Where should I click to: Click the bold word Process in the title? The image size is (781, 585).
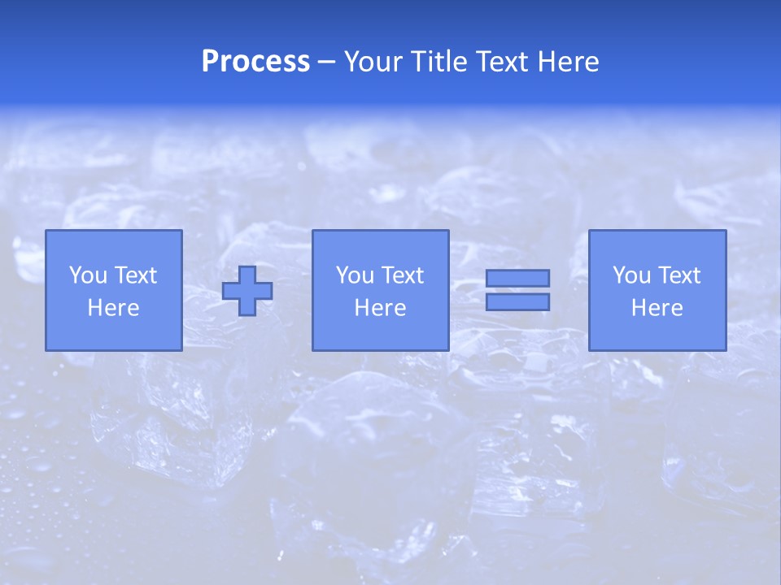point(255,62)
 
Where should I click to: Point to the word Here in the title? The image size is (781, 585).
point(568,62)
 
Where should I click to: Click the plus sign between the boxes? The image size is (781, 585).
point(247,290)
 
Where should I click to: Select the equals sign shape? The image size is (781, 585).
point(517,290)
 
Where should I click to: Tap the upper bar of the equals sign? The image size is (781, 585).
point(517,278)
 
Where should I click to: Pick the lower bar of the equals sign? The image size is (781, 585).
point(517,301)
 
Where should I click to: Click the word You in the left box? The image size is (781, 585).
point(88,275)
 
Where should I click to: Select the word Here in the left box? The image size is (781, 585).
point(113,308)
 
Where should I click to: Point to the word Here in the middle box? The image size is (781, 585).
point(380,308)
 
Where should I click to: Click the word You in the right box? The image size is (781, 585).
point(631,275)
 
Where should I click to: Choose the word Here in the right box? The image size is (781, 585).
point(657,308)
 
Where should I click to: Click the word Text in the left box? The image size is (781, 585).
point(135,275)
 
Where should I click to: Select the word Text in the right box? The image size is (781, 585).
point(678,275)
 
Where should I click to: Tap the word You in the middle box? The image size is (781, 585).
point(355,275)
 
